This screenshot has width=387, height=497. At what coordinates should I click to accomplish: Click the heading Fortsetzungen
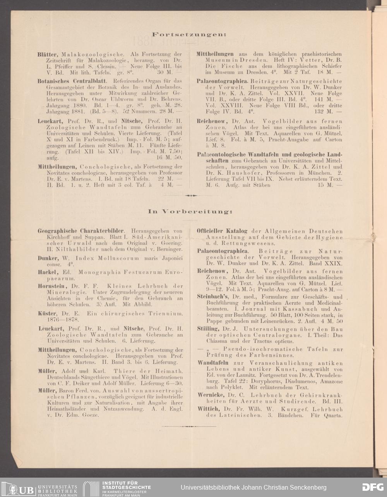point(190,35)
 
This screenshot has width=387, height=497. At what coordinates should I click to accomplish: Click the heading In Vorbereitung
point(190,212)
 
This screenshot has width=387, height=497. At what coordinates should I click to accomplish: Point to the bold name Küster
point(46,313)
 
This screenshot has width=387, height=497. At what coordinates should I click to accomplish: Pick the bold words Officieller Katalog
point(222,231)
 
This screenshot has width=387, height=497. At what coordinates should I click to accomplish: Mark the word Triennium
point(165,313)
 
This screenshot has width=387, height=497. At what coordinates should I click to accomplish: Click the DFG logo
point(373,487)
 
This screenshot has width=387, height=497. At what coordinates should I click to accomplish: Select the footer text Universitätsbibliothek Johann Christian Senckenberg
point(253,487)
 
